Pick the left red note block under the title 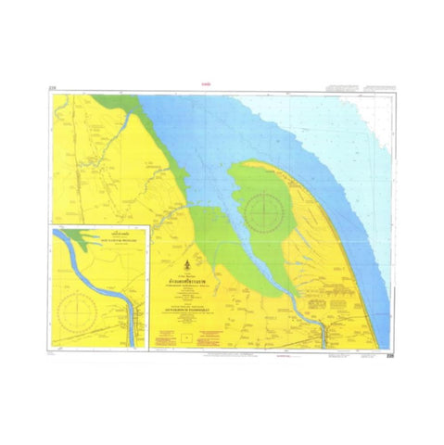click(166, 340)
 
